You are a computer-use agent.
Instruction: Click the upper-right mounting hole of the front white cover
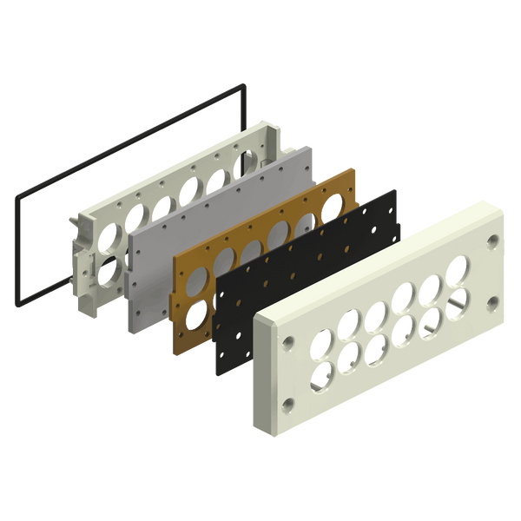point(493,240)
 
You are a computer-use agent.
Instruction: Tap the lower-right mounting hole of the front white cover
point(493,302)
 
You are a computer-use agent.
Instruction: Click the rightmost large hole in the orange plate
point(331,209)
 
